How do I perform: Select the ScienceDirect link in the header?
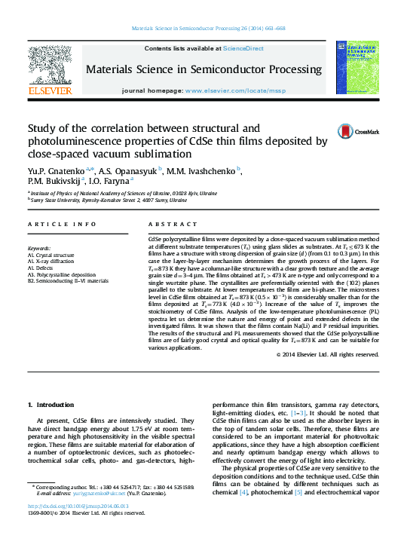click(x=245, y=48)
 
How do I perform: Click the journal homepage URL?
click(x=234, y=90)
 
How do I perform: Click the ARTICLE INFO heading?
click(x=62, y=224)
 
